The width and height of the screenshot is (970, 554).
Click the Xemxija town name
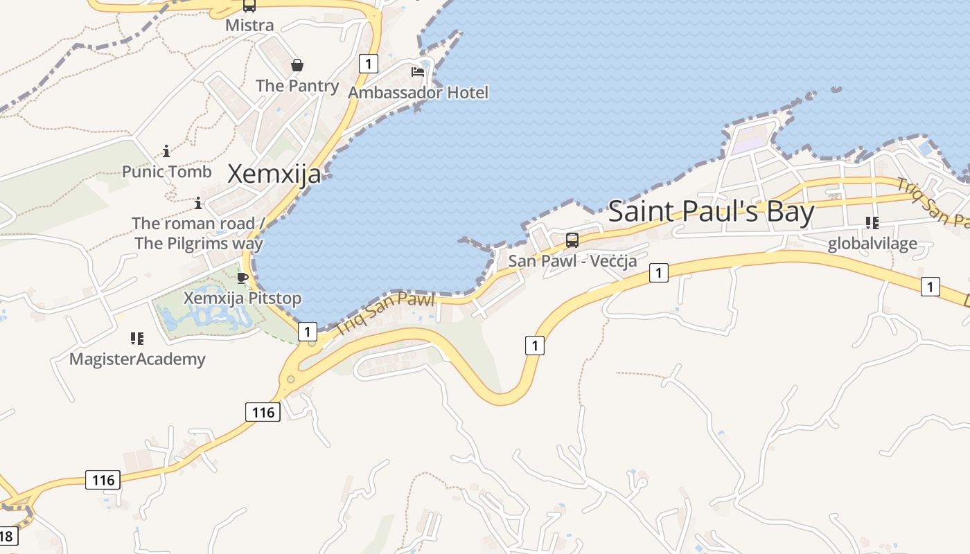(x=274, y=174)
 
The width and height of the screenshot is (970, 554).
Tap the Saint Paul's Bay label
(x=711, y=211)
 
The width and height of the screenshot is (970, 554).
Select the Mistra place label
(x=249, y=26)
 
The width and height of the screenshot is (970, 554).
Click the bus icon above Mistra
(x=249, y=6)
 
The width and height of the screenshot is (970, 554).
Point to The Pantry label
(x=297, y=86)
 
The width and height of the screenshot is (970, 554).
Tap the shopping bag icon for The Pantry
(x=297, y=66)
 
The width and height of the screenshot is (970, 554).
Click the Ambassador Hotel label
(x=418, y=92)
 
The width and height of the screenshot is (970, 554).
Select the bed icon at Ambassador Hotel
(x=418, y=72)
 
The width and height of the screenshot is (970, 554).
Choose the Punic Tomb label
(x=167, y=171)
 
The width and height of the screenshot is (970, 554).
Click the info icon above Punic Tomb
(x=166, y=151)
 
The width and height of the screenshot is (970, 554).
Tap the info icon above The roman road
(x=198, y=203)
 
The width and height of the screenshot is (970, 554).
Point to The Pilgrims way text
(x=199, y=243)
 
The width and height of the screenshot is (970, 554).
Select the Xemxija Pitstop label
(x=242, y=298)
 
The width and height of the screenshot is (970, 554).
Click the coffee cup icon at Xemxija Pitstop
(x=242, y=278)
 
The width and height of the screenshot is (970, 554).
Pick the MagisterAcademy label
(x=137, y=359)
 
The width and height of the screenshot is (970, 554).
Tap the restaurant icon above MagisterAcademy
(x=137, y=339)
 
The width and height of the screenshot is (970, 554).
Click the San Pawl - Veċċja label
(x=572, y=261)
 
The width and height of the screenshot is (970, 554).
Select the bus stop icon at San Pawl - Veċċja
(x=572, y=240)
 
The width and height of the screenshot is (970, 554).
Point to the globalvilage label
(x=872, y=243)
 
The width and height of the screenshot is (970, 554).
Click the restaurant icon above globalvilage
(x=872, y=223)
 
